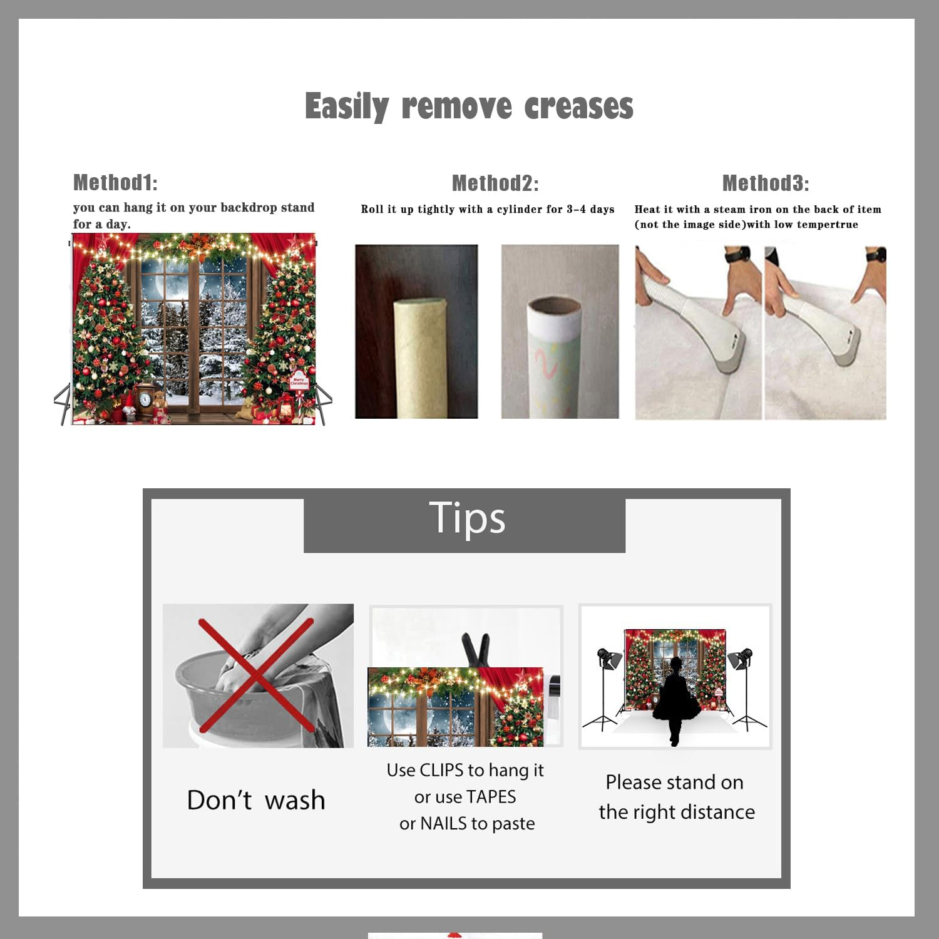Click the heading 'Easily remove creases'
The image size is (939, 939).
coord(469,106)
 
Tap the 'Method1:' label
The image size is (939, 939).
coord(115,183)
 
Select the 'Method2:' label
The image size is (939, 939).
coord(495,183)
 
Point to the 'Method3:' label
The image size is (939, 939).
coord(766,183)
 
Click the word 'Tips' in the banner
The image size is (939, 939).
coord(467,518)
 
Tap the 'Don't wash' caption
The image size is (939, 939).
coord(256,800)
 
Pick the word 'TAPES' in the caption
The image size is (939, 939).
coord(491,797)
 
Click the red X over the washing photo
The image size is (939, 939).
coord(256,675)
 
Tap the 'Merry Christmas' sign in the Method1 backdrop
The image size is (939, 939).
coord(299,380)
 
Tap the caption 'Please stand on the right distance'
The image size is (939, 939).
coord(676,797)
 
